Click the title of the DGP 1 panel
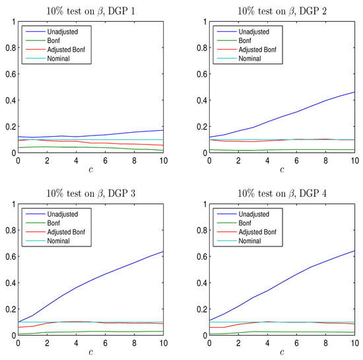pyautogui.click(x=90, y=9)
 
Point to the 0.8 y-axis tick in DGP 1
pyautogui.click(x=9, y=48)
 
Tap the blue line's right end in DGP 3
pyautogui.click(x=163, y=252)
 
